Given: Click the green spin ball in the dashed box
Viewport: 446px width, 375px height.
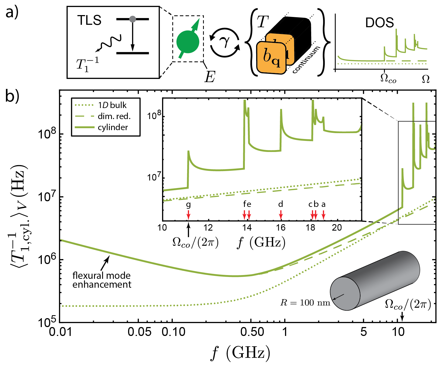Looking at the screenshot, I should [x=188, y=42].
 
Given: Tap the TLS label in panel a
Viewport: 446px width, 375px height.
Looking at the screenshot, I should [x=89, y=20].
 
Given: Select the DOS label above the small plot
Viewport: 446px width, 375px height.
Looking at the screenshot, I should [x=379, y=23].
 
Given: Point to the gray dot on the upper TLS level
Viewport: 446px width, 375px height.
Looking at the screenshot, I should [x=132, y=19].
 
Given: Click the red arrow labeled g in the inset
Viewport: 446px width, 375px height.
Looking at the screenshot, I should [x=188, y=215].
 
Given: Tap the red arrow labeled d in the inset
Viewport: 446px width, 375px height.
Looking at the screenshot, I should [x=281, y=215].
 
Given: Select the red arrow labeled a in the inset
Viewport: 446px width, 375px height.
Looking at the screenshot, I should [x=323, y=215].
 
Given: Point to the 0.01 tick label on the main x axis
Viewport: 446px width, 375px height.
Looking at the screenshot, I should [x=60, y=332].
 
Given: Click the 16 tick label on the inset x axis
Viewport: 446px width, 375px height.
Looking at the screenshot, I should [x=281, y=228].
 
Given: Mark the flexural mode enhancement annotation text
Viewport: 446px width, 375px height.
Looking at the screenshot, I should [x=102, y=280].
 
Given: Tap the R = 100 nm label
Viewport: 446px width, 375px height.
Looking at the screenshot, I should [x=305, y=303].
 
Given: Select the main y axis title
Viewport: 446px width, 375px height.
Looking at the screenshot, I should [x=19, y=216].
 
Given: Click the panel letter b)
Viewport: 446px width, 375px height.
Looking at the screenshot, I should [x=12, y=96].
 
